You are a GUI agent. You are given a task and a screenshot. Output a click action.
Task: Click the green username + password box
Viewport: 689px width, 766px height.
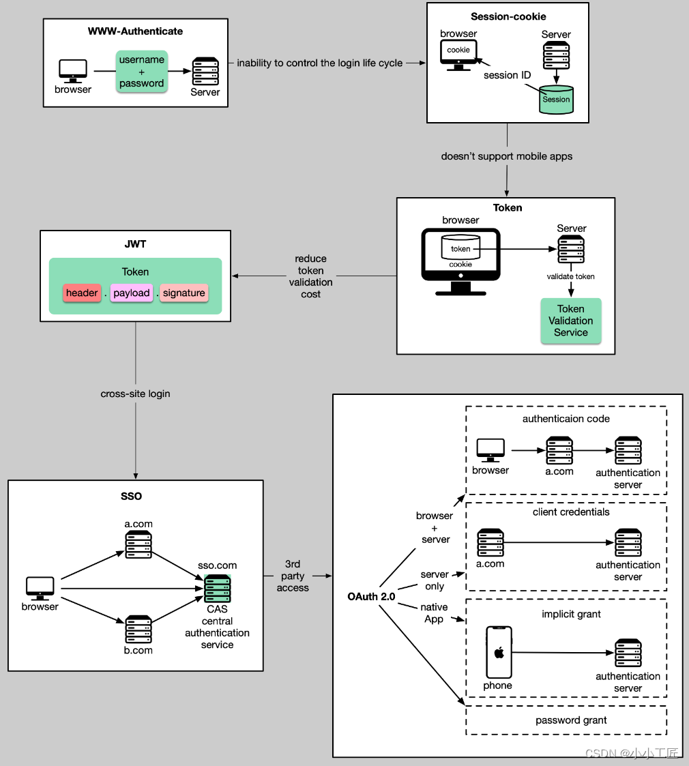pos(142,72)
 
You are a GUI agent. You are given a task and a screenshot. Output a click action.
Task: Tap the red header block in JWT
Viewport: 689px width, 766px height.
pos(82,293)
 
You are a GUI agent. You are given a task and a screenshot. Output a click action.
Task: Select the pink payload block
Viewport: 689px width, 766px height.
pos(132,293)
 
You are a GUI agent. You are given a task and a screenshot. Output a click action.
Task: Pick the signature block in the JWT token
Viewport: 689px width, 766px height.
pos(184,293)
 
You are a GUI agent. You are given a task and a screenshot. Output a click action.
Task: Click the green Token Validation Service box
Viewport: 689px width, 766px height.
pos(571,321)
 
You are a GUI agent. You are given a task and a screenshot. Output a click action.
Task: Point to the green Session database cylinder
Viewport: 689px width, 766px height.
pos(556,100)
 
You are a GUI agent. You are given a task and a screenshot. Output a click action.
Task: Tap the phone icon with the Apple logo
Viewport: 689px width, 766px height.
pos(499,652)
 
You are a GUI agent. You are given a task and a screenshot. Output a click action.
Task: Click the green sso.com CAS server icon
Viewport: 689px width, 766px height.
pos(218,589)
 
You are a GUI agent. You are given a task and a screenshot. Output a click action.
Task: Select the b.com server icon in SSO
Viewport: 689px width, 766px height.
pos(138,629)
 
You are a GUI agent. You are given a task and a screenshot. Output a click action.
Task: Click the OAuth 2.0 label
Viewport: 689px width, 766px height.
pos(371,596)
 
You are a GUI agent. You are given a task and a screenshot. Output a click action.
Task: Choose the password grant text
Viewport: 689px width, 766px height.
pos(571,720)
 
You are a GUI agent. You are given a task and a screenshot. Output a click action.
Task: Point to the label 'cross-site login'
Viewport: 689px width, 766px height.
pos(135,394)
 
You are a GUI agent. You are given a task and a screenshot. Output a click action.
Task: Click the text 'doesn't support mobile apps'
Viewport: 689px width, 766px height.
pos(507,156)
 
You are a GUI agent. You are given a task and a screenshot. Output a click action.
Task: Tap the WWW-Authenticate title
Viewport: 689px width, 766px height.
pos(135,31)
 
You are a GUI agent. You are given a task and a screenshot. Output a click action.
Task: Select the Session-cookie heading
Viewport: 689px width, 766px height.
pos(508,16)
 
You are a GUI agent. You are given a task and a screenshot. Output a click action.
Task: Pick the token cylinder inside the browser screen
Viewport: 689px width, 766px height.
pos(460,247)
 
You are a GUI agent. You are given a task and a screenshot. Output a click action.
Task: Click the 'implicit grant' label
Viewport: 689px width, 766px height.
pos(571,614)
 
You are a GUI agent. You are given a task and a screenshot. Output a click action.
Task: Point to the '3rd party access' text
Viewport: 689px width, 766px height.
pos(293,576)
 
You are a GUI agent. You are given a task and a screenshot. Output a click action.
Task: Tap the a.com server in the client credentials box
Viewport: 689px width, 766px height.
pos(490,542)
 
